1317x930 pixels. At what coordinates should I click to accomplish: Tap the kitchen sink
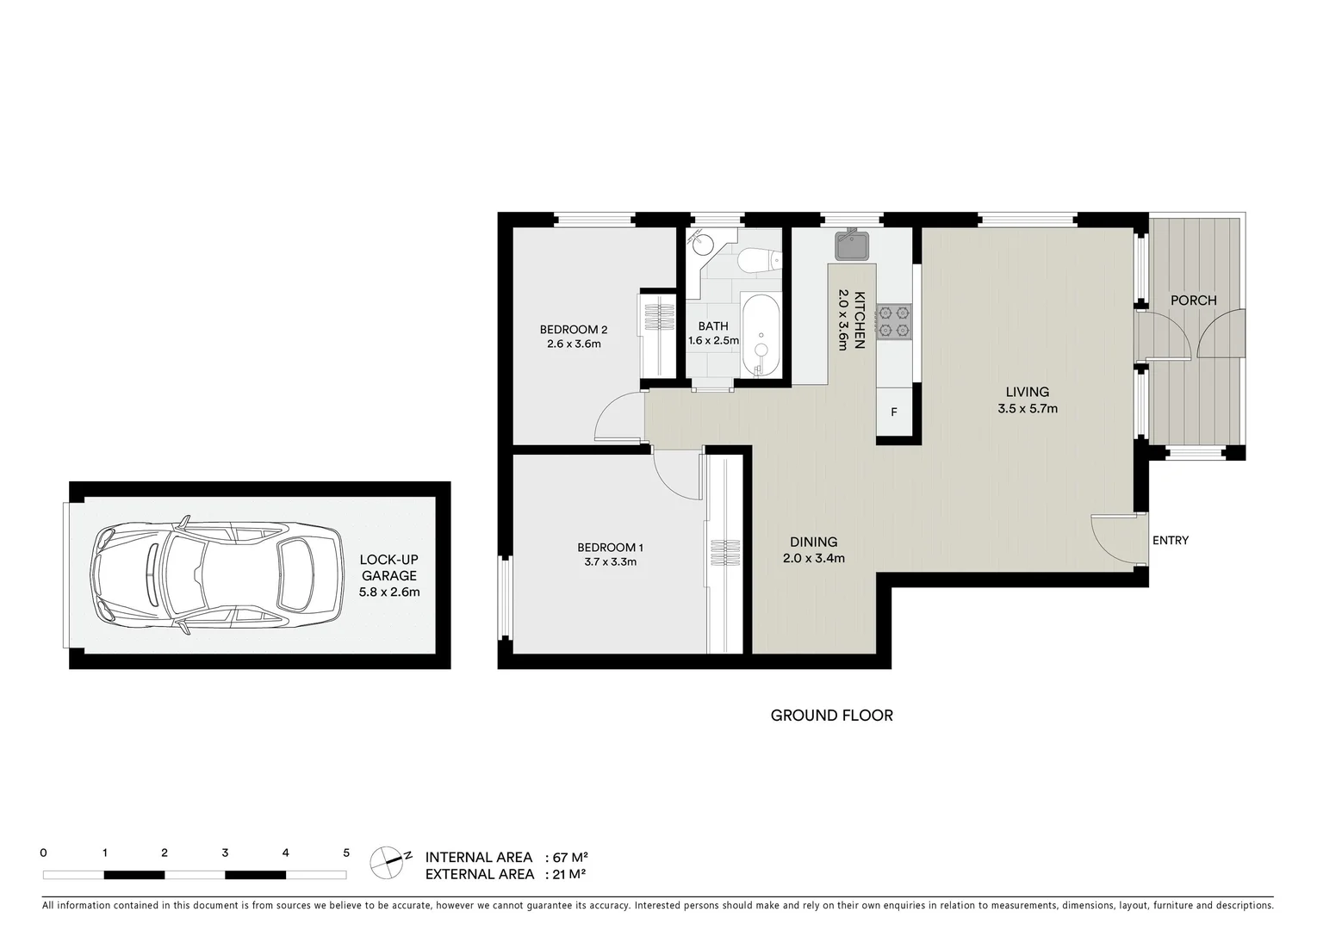click(851, 245)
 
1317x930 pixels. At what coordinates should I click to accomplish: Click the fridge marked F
click(894, 412)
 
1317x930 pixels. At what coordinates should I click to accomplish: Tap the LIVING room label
click(1027, 392)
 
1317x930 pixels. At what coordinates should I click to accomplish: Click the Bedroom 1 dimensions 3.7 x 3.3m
click(610, 562)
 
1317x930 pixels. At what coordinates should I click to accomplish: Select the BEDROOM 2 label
click(574, 329)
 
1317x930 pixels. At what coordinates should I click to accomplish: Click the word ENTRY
click(1170, 540)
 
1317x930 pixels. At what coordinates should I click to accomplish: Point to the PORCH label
click(1193, 301)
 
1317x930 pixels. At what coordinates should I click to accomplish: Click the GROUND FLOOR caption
click(831, 715)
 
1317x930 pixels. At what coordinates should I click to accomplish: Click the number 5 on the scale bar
click(346, 853)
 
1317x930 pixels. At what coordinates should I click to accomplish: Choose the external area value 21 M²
click(569, 874)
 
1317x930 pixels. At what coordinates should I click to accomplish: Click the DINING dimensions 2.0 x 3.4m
click(814, 557)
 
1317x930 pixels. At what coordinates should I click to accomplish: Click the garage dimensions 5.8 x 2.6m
click(388, 592)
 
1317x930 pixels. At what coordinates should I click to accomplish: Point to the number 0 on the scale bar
click(43, 853)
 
